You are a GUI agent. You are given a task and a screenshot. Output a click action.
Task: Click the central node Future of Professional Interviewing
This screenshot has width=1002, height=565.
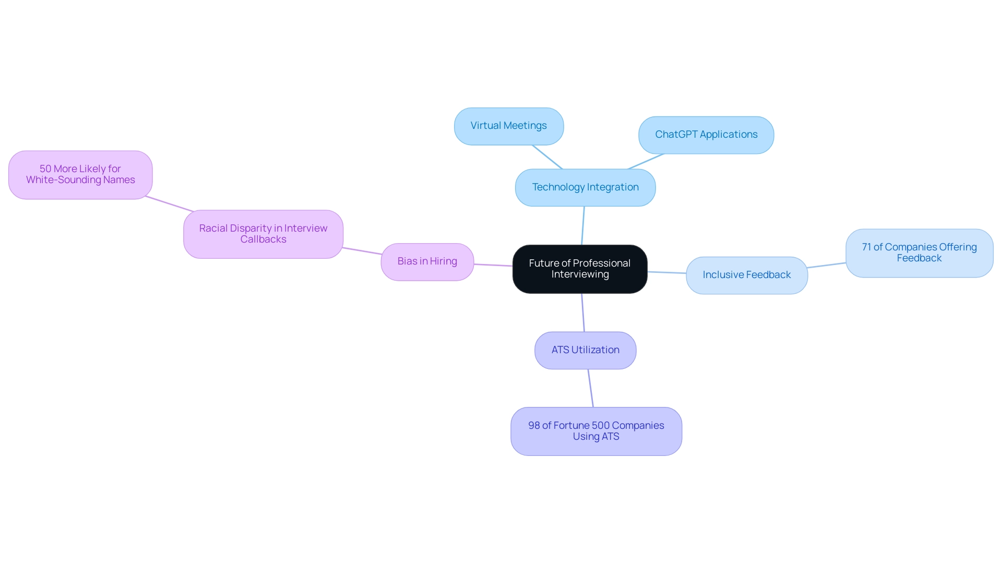click(x=580, y=269)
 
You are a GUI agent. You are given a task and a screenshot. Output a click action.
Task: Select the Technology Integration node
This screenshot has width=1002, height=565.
click(x=585, y=187)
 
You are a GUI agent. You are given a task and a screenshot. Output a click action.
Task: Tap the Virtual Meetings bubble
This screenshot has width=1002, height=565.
click(x=508, y=126)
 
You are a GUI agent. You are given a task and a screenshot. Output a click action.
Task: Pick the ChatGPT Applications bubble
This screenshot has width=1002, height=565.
click(x=706, y=135)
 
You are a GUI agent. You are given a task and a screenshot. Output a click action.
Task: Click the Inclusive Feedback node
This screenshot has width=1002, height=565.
click(x=746, y=275)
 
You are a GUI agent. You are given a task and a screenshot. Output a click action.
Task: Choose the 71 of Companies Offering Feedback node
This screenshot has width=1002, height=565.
click(x=918, y=253)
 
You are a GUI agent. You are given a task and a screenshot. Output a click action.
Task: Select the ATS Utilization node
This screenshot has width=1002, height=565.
click(x=585, y=350)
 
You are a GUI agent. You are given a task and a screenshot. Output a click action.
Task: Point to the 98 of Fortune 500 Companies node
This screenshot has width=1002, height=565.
click(x=596, y=431)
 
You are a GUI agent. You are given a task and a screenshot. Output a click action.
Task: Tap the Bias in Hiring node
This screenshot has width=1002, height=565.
click(x=427, y=261)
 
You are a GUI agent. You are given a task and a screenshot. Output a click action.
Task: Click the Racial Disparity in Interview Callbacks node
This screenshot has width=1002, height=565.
click(x=263, y=234)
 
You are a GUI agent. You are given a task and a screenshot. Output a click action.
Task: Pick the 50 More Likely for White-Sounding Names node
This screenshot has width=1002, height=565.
click(x=80, y=174)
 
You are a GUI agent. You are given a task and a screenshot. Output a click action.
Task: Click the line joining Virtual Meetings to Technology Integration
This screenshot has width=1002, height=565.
click(x=547, y=157)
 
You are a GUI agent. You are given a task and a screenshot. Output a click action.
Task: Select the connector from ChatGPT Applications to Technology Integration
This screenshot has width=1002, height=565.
click(x=646, y=161)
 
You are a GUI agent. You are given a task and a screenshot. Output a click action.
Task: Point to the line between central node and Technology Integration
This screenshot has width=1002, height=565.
click(x=583, y=225)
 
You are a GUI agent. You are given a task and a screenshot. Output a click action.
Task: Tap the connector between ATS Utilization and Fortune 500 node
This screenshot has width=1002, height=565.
click(x=591, y=388)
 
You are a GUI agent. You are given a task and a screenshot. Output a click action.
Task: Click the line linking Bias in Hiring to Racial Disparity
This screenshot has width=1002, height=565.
click(x=362, y=251)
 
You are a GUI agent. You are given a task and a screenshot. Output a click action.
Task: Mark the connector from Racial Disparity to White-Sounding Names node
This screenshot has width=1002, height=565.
click(x=170, y=204)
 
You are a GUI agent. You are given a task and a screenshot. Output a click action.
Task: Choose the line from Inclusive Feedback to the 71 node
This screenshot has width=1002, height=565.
click(x=827, y=265)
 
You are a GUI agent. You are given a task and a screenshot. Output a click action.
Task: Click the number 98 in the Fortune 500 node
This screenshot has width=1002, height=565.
click(x=534, y=426)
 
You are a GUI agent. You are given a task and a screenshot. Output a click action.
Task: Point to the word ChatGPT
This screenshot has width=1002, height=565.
click(x=676, y=135)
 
